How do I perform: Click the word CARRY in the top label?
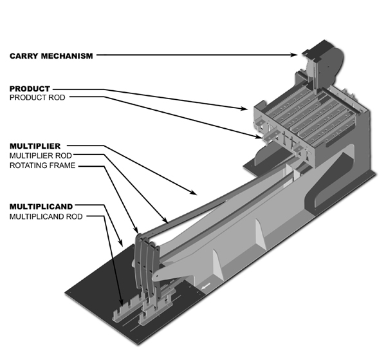[24, 55]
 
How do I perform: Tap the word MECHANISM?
[67, 55]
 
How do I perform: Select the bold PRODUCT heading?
[30, 88]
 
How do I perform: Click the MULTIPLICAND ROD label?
[48, 217]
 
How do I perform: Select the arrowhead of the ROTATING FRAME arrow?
[136, 231]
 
